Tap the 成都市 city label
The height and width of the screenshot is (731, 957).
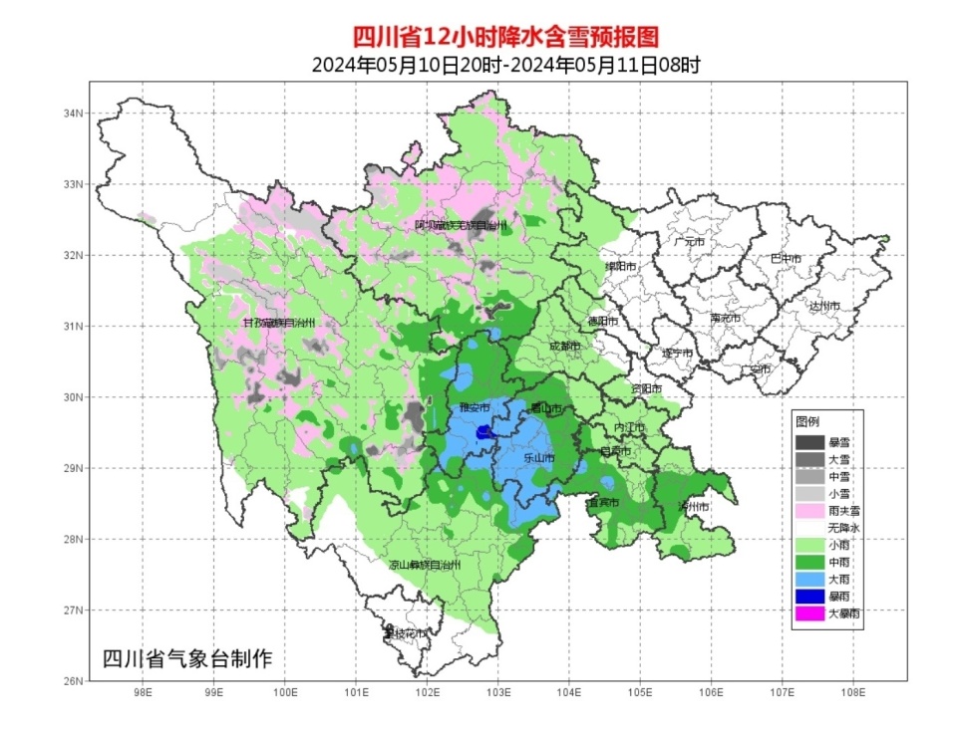(564, 347)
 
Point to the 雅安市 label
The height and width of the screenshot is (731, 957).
(474, 408)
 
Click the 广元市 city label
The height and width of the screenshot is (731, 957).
(689, 242)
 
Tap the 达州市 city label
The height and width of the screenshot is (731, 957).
(824, 306)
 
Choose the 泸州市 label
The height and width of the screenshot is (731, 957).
(693, 507)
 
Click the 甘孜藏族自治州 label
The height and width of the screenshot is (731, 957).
(279, 324)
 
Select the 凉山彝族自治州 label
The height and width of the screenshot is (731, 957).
(426, 565)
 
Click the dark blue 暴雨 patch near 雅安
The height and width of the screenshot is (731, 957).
(484, 431)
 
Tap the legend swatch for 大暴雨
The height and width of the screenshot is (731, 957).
(808, 613)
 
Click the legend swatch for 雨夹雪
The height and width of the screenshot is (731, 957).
(808, 510)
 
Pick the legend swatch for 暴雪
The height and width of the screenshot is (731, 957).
(808, 441)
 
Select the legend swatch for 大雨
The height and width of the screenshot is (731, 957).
(808, 579)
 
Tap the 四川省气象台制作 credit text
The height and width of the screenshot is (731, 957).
(187, 658)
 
